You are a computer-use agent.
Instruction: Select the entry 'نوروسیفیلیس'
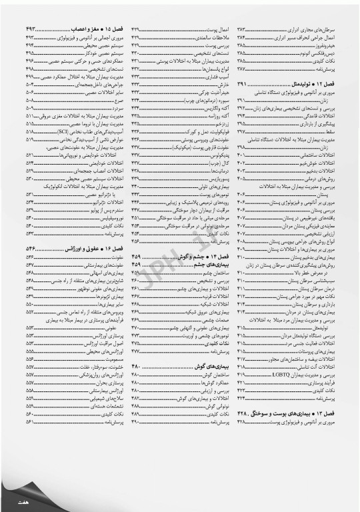pos(111,218)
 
